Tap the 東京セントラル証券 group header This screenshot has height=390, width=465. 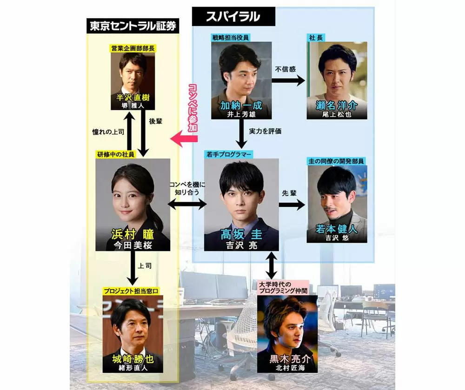click(133, 26)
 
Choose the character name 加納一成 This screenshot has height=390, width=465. click(241, 105)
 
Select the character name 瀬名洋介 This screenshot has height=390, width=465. click(338, 105)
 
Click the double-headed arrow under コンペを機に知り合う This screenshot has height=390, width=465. click(187, 203)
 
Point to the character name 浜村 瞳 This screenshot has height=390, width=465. click(133, 234)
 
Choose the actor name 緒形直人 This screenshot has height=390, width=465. click(133, 367)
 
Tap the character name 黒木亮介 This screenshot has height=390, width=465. click(287, 359)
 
